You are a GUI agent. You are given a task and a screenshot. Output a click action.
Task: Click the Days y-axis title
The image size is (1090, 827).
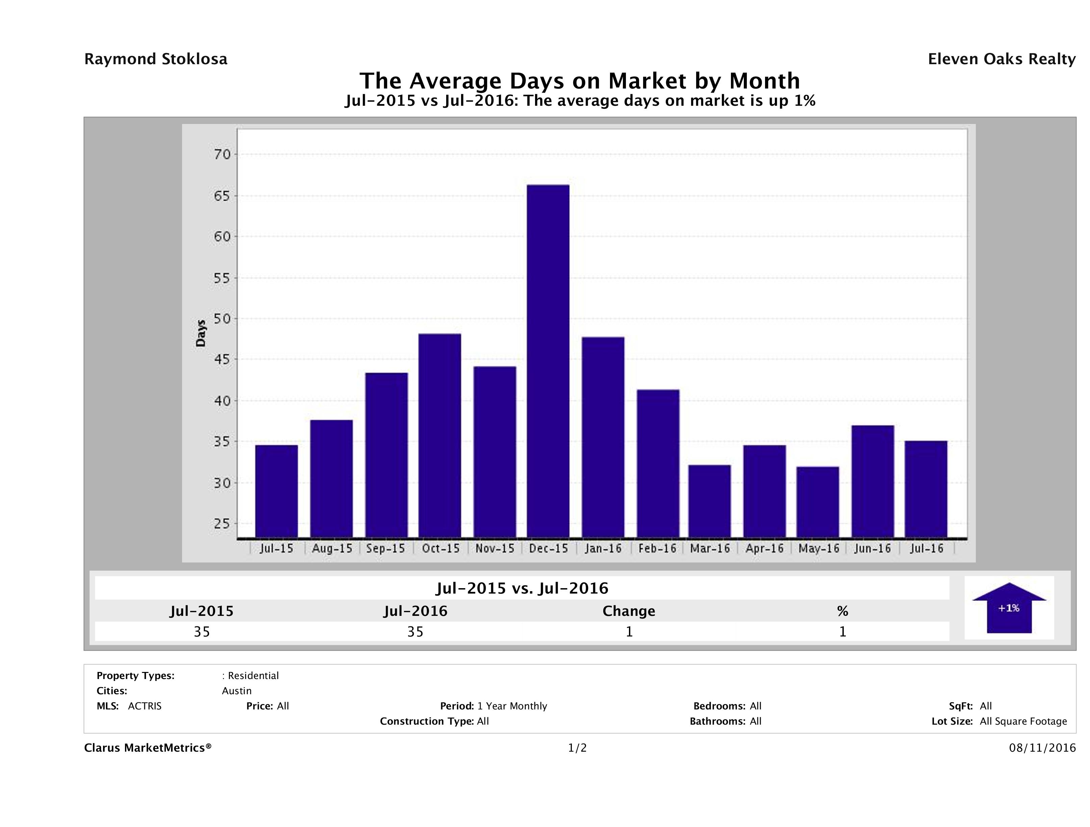[x=201, y=333]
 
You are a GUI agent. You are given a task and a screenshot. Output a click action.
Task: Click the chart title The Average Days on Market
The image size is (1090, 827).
[x=580, y=81]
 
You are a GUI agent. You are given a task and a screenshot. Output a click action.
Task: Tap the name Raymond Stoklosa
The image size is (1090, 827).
[x=156, y=59]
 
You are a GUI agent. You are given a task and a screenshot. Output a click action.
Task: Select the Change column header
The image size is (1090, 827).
[x=629, y=611]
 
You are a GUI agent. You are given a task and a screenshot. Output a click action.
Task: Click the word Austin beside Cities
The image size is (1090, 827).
[x=236, y=691]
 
